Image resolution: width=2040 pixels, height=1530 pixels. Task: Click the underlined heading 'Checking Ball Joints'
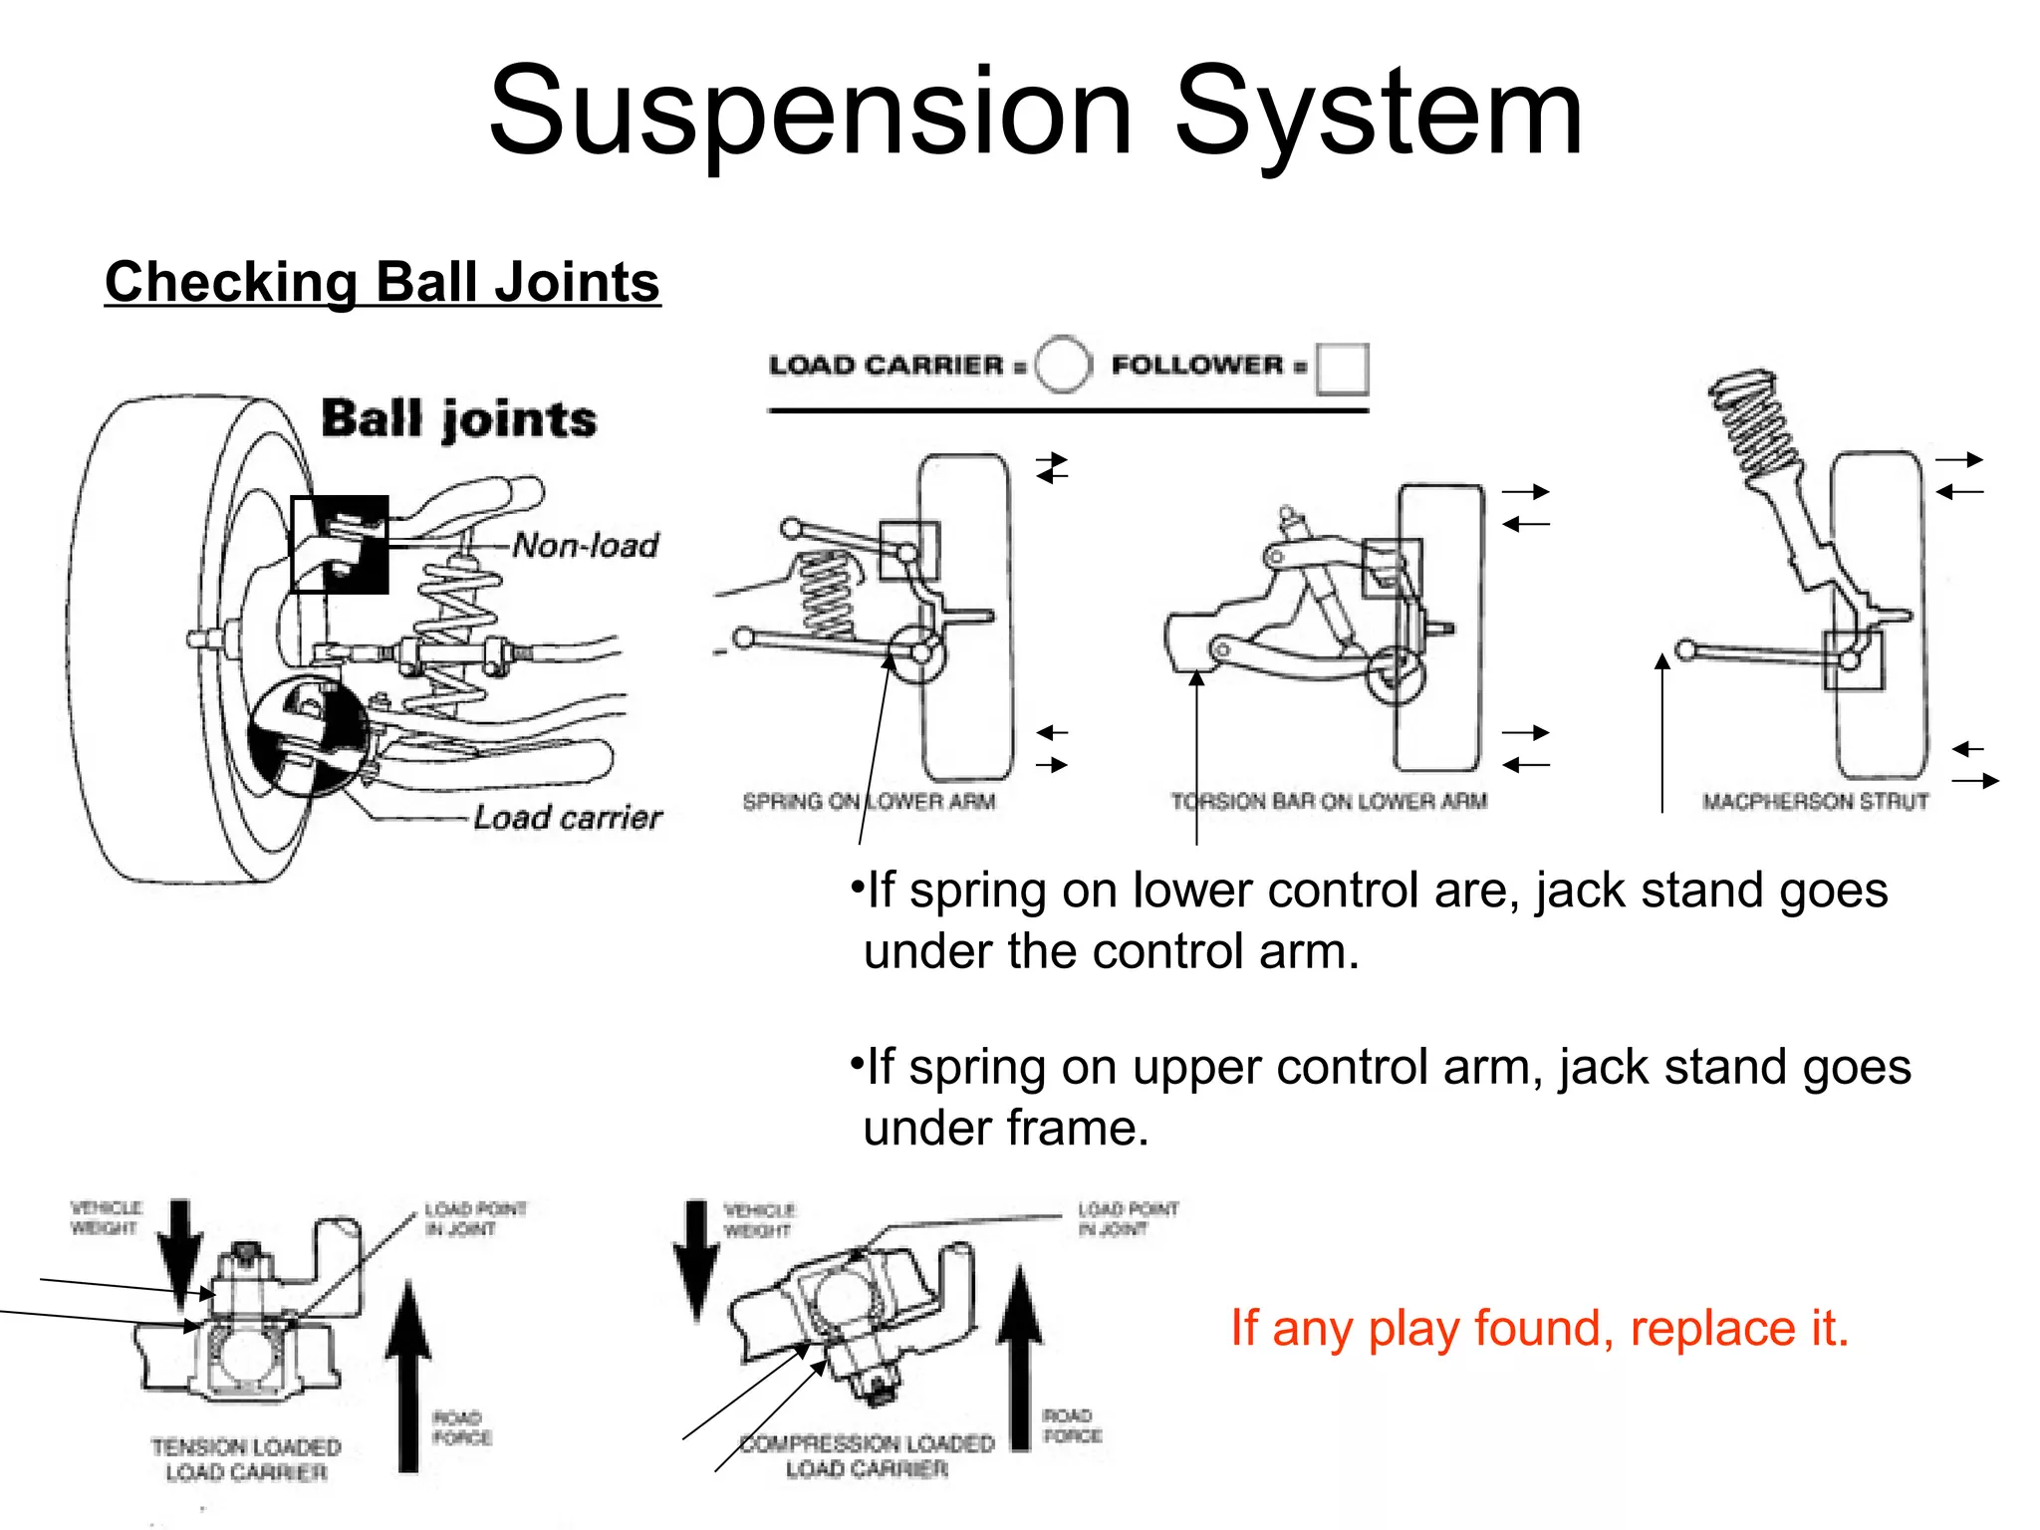click(x=382, y=282)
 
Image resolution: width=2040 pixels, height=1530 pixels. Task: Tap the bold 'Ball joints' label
click(x=458, y=418)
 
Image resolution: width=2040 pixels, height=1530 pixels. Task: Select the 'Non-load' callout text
click(x=586, y=545)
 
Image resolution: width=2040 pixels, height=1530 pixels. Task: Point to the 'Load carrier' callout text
click(x=567, y=817)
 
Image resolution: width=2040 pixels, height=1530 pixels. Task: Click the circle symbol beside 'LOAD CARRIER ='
click(x=1063, y=365)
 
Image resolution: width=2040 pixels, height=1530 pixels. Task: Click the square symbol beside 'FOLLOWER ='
click(x=1341, y=369)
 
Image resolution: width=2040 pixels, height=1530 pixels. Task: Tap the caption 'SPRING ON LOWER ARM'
click(x=869, y=801)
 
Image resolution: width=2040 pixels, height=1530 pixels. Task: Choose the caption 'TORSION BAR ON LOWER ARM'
click(x=1329, y=801)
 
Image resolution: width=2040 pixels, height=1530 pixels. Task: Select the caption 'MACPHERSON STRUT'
click(x=1815, y=801)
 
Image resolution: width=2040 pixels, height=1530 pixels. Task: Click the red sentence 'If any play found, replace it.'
click(x=1539, y=1328)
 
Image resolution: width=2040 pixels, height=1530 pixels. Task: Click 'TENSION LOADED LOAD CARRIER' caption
click(x=246, y=1459)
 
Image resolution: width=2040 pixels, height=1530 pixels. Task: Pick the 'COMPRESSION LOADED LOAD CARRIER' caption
click(x=867, y=1455)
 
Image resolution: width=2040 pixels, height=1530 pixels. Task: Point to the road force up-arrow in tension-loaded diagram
click(x=408, y=1375)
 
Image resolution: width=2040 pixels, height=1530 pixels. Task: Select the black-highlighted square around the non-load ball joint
click(x=340, y=545)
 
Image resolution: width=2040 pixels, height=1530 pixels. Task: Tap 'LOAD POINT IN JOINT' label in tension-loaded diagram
click(x=475, y=1218)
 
